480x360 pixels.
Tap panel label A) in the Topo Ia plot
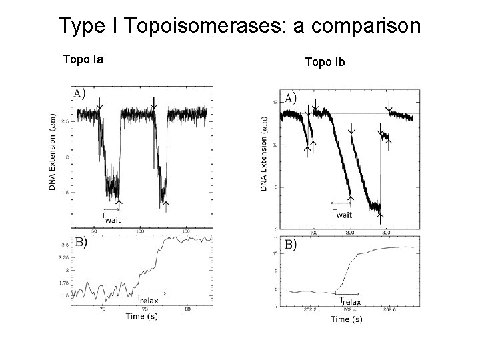79,93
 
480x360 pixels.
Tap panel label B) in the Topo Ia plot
80,242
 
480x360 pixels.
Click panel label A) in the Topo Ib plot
291,98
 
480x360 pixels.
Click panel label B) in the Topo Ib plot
291,245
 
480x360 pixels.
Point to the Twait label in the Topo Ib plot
342,213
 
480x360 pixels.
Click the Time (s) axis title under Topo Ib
347,319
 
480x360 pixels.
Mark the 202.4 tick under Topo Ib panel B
349,309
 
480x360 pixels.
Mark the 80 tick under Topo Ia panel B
188,309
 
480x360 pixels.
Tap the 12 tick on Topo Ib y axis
275,102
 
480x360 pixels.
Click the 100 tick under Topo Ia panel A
140,231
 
